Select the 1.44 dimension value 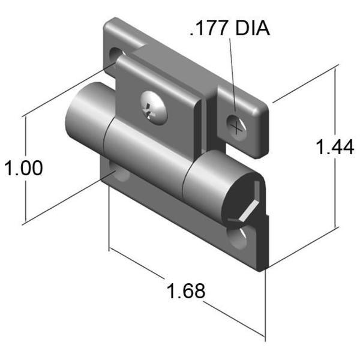pos(335,146)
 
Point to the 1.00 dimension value pos(23,168)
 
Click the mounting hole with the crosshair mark pos(238,125)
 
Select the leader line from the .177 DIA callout pos(232,78)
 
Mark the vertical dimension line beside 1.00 pos(25,198)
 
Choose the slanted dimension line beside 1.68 pos(234,316)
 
